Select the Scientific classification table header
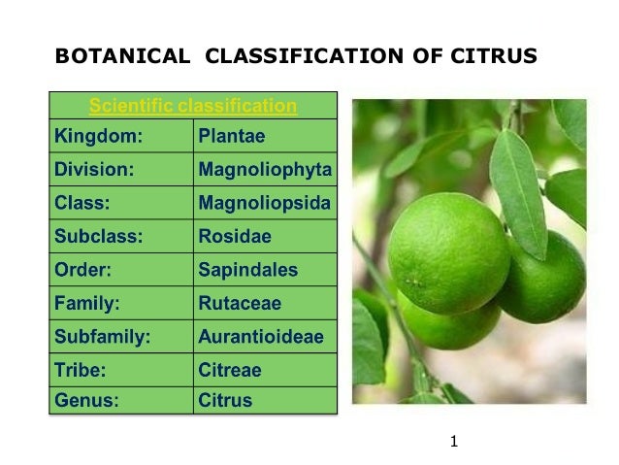193,105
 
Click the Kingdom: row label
94,136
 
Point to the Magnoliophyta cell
264,170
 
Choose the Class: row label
81,203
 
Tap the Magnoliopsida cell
264,203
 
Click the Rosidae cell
234,236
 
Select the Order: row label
82,269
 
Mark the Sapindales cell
247,269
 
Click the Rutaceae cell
239,303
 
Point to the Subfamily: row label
101,336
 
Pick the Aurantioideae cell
260,336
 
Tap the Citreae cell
229,370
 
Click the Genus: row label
85,399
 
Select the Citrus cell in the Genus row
224,399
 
